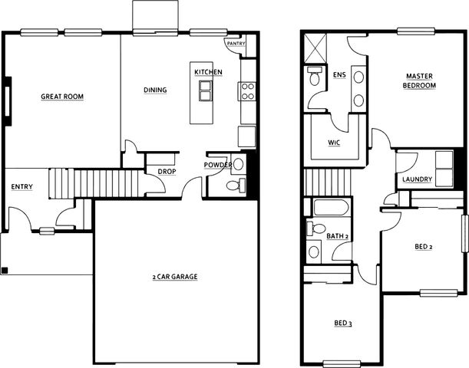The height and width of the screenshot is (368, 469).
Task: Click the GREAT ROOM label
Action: (x=62, y=97)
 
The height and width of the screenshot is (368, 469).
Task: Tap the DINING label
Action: (x=155, y=90)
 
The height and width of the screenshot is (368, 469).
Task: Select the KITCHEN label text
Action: (x=209, y=72)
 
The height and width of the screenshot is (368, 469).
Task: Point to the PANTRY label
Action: (x=236, y=44)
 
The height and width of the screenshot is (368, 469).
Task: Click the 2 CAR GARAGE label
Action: (x=175, y=277)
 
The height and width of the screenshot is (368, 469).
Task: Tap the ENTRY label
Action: (x=21, y=187)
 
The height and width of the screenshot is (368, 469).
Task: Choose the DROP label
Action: (x=167, y=172)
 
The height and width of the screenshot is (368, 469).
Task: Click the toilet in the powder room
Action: (x=236, y=186)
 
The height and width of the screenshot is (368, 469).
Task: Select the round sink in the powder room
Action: (x=239, y=164)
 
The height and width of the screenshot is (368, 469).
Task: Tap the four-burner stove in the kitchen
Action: (x=248, y=91)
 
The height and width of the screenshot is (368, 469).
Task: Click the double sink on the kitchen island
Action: (x=206, y=90)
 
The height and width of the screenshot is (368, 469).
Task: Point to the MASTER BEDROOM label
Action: (x=419, y=80)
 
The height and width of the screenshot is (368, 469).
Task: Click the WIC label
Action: (x=334, y=143)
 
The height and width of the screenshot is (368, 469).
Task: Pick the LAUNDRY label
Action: (x=418, y=179)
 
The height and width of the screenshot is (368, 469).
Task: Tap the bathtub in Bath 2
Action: (x=331, y=207)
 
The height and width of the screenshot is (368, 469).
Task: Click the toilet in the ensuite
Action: (x=314, y=76)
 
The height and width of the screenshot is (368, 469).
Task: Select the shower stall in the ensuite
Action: (x=315, y=48)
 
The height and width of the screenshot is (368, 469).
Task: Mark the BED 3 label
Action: (x=343, y=323)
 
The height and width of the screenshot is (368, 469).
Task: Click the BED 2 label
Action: (x=424, y=247)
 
